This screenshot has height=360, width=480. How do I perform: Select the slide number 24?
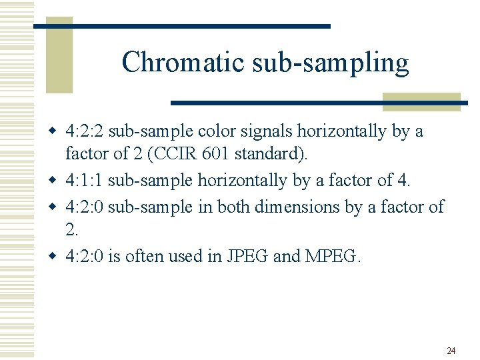pyautogui.click(x=451, y=351)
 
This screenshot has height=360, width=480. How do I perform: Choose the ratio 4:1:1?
pyautogui.click(x=85, y=180)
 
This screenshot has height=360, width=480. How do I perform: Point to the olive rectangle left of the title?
pyautogui.click(x=59, y=57)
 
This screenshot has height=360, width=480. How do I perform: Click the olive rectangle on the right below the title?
pyautogui.click(x=421, y=101)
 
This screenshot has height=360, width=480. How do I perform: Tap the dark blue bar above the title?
pyautogui.click(x=182, y=26)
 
